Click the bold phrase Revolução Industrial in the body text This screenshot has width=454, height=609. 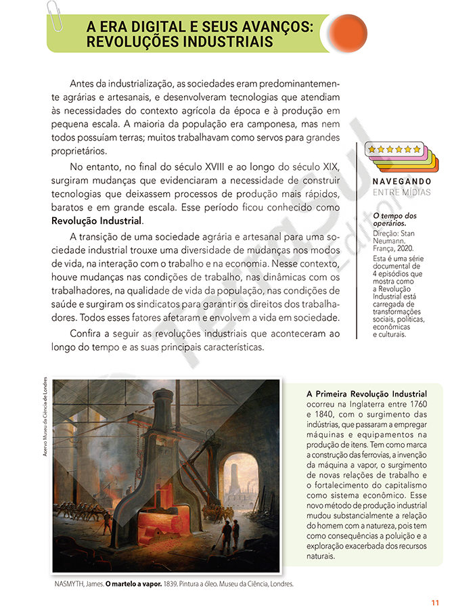[x=97, y=221]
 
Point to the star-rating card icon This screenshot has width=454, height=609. [x=394, y=156]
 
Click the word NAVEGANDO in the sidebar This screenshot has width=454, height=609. [x=402, y=181]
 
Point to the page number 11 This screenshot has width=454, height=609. [x=436, y=603]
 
